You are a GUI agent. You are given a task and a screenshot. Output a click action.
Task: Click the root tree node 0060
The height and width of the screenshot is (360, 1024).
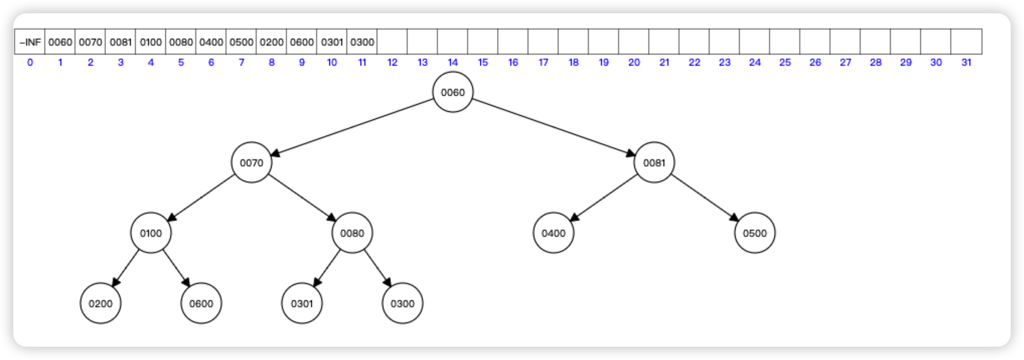click(x=453, y=92)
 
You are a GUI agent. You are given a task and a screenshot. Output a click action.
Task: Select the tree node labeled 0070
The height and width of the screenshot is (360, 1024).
click(x=252, y=162)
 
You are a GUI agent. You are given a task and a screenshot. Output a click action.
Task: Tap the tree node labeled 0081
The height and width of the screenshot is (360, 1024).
click(x=654, y=162)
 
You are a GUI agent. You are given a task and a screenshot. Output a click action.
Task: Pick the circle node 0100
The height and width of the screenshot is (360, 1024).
click(x=151, y=233)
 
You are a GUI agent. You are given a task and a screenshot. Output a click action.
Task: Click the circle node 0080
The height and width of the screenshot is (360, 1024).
click(x=352, y=233)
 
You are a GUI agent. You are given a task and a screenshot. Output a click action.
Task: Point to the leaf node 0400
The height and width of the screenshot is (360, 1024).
click(x=553, y=233)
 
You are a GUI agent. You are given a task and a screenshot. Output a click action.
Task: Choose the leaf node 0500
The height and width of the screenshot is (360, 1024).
click(x=755, y=233)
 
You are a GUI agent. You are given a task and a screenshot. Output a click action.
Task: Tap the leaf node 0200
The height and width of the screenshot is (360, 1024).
click(x=101, y=303)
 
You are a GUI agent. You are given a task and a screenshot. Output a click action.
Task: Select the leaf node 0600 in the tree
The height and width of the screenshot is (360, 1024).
click(x=201, y=303)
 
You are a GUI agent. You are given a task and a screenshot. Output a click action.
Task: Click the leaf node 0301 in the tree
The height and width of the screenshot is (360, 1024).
click(x=302, y=303)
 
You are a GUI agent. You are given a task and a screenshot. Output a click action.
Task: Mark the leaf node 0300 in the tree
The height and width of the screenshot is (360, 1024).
click(x=402, y=303)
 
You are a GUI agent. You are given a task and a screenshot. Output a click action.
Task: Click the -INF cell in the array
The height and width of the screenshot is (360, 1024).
click(x=30, y=42)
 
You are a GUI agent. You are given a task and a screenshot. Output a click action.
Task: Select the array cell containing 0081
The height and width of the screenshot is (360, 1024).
click(x=121, y=42)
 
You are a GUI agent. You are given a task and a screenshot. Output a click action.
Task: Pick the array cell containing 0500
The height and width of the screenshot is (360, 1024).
click(x=241, y=42)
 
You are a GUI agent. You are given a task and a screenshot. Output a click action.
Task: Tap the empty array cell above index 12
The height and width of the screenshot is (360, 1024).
click(x=392, y=42)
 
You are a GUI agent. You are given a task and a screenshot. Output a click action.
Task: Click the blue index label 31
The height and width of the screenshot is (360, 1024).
click(x=966, y=62)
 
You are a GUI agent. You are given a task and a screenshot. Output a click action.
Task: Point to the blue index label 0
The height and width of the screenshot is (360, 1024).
click(x=30, y=62)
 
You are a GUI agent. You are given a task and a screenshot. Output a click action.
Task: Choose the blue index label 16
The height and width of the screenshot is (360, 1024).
click(x=513, y=62)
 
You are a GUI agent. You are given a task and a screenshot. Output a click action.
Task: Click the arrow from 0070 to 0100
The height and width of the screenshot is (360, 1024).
click(x=201, y=198)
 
